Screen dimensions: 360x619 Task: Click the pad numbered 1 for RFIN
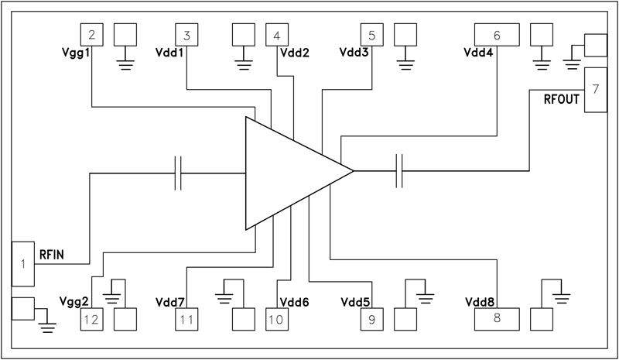click(x=24, y=264)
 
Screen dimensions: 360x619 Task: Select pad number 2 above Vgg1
click(x=92, y=34)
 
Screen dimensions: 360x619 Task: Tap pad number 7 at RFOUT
click(x=595, y=88)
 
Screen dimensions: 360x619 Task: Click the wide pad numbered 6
click(x=496, y=34)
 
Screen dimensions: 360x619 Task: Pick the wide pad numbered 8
click(x=496, y=318)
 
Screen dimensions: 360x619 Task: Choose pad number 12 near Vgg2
click(x=92, y=318)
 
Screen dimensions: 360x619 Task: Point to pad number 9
click(x=371, y=318)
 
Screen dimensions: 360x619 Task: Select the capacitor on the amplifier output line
click(x=400, y=171)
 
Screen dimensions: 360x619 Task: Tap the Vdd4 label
click(x=479, y=53)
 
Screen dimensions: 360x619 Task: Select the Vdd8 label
click(x=480, y=300)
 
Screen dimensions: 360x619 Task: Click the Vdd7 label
click(x=170, y=300)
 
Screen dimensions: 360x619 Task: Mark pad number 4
click(x=277, y=34)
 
